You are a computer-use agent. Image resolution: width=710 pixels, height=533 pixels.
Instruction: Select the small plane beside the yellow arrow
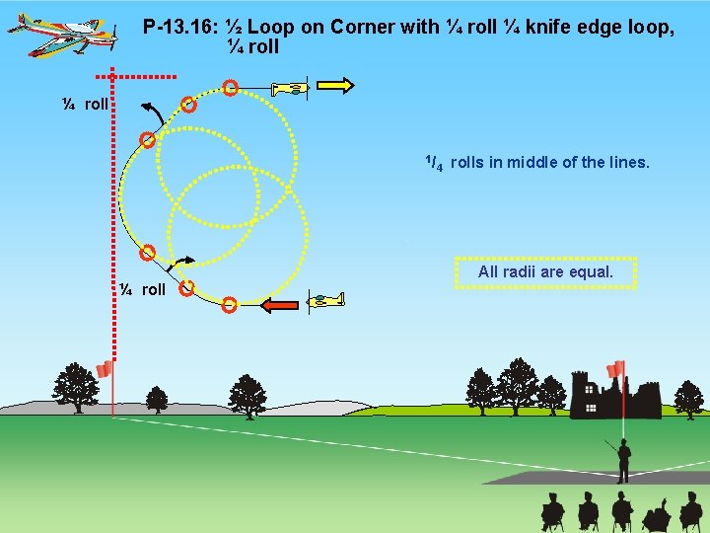(290, 89)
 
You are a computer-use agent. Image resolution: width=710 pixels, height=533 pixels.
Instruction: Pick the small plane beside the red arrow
(325, 299)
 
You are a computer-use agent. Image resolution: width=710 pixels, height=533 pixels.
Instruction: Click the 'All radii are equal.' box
(545, 271)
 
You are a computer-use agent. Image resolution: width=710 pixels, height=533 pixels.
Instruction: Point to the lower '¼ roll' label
(142, 289)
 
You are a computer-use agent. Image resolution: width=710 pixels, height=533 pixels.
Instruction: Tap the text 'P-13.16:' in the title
(178, 27)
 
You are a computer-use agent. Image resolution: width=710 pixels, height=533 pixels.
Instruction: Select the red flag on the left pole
(106, 370)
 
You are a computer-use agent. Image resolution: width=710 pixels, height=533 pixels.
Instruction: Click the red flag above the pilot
(616, 369)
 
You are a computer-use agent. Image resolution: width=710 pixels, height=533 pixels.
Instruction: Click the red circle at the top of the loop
(229, 89)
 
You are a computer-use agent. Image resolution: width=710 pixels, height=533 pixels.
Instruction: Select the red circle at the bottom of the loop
(229, 304)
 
